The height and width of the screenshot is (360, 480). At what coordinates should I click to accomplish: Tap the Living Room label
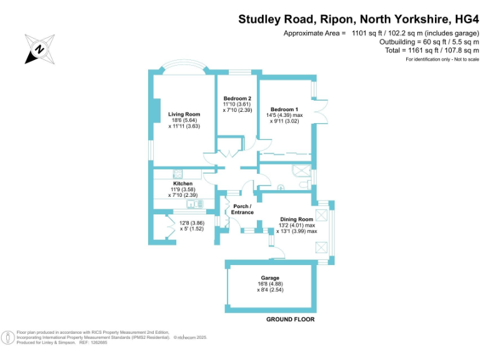tap(184, 114)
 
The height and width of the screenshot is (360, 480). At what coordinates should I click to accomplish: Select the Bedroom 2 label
tap(237, 98)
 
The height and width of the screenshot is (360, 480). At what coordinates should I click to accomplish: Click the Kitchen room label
tap(174, 183)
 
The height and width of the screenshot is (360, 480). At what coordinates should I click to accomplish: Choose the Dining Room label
tap(296, 219)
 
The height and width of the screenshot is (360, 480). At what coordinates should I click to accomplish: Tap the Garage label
tap(270, 277)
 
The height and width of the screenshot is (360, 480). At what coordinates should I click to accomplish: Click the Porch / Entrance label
tap(242, 209)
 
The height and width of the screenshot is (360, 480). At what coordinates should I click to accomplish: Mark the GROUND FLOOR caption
tap(290, 319)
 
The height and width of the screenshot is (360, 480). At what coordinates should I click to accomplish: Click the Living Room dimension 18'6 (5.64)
tap(184, 120)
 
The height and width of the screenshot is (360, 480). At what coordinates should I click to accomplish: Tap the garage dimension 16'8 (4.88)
tap(270, 284)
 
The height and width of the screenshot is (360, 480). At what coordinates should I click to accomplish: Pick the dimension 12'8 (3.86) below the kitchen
tap(192, 223)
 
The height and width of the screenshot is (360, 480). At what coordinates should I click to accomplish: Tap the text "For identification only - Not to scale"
tap(442, 59)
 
